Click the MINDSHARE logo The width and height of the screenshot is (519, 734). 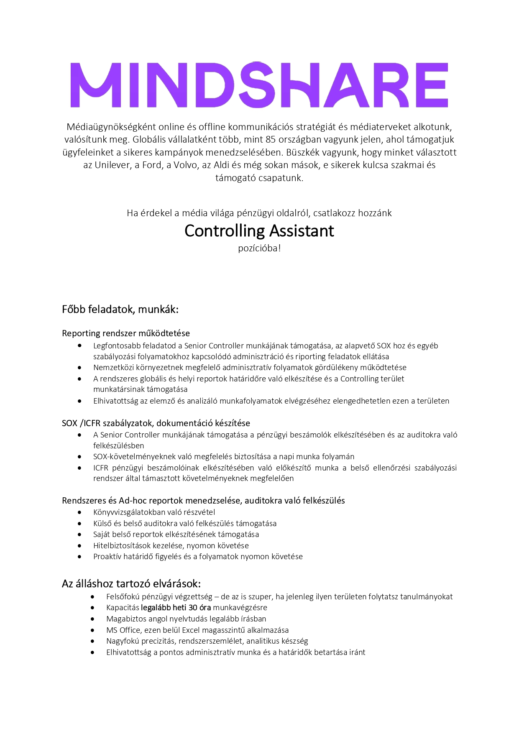[x=259, y=85]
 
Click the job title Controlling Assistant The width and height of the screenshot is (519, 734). [x=259, y=231]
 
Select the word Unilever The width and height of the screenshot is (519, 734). [x=112, y=165]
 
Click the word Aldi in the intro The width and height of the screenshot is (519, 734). [x=222, y=165]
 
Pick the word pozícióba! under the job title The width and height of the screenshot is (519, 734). [x=259, y=248]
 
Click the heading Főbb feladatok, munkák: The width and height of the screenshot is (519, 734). [x=120, y=309]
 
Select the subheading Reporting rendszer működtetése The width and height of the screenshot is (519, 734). [x=126, y=333]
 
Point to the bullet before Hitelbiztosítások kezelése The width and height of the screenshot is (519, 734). [x=79, y=545]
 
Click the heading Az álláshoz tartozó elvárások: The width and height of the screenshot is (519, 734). [x=131, y=583]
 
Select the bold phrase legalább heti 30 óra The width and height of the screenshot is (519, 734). [x=176, y=608]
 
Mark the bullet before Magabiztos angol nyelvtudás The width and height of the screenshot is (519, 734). [x=92, y=619]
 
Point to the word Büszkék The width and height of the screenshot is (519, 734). [x=302, y=153]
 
